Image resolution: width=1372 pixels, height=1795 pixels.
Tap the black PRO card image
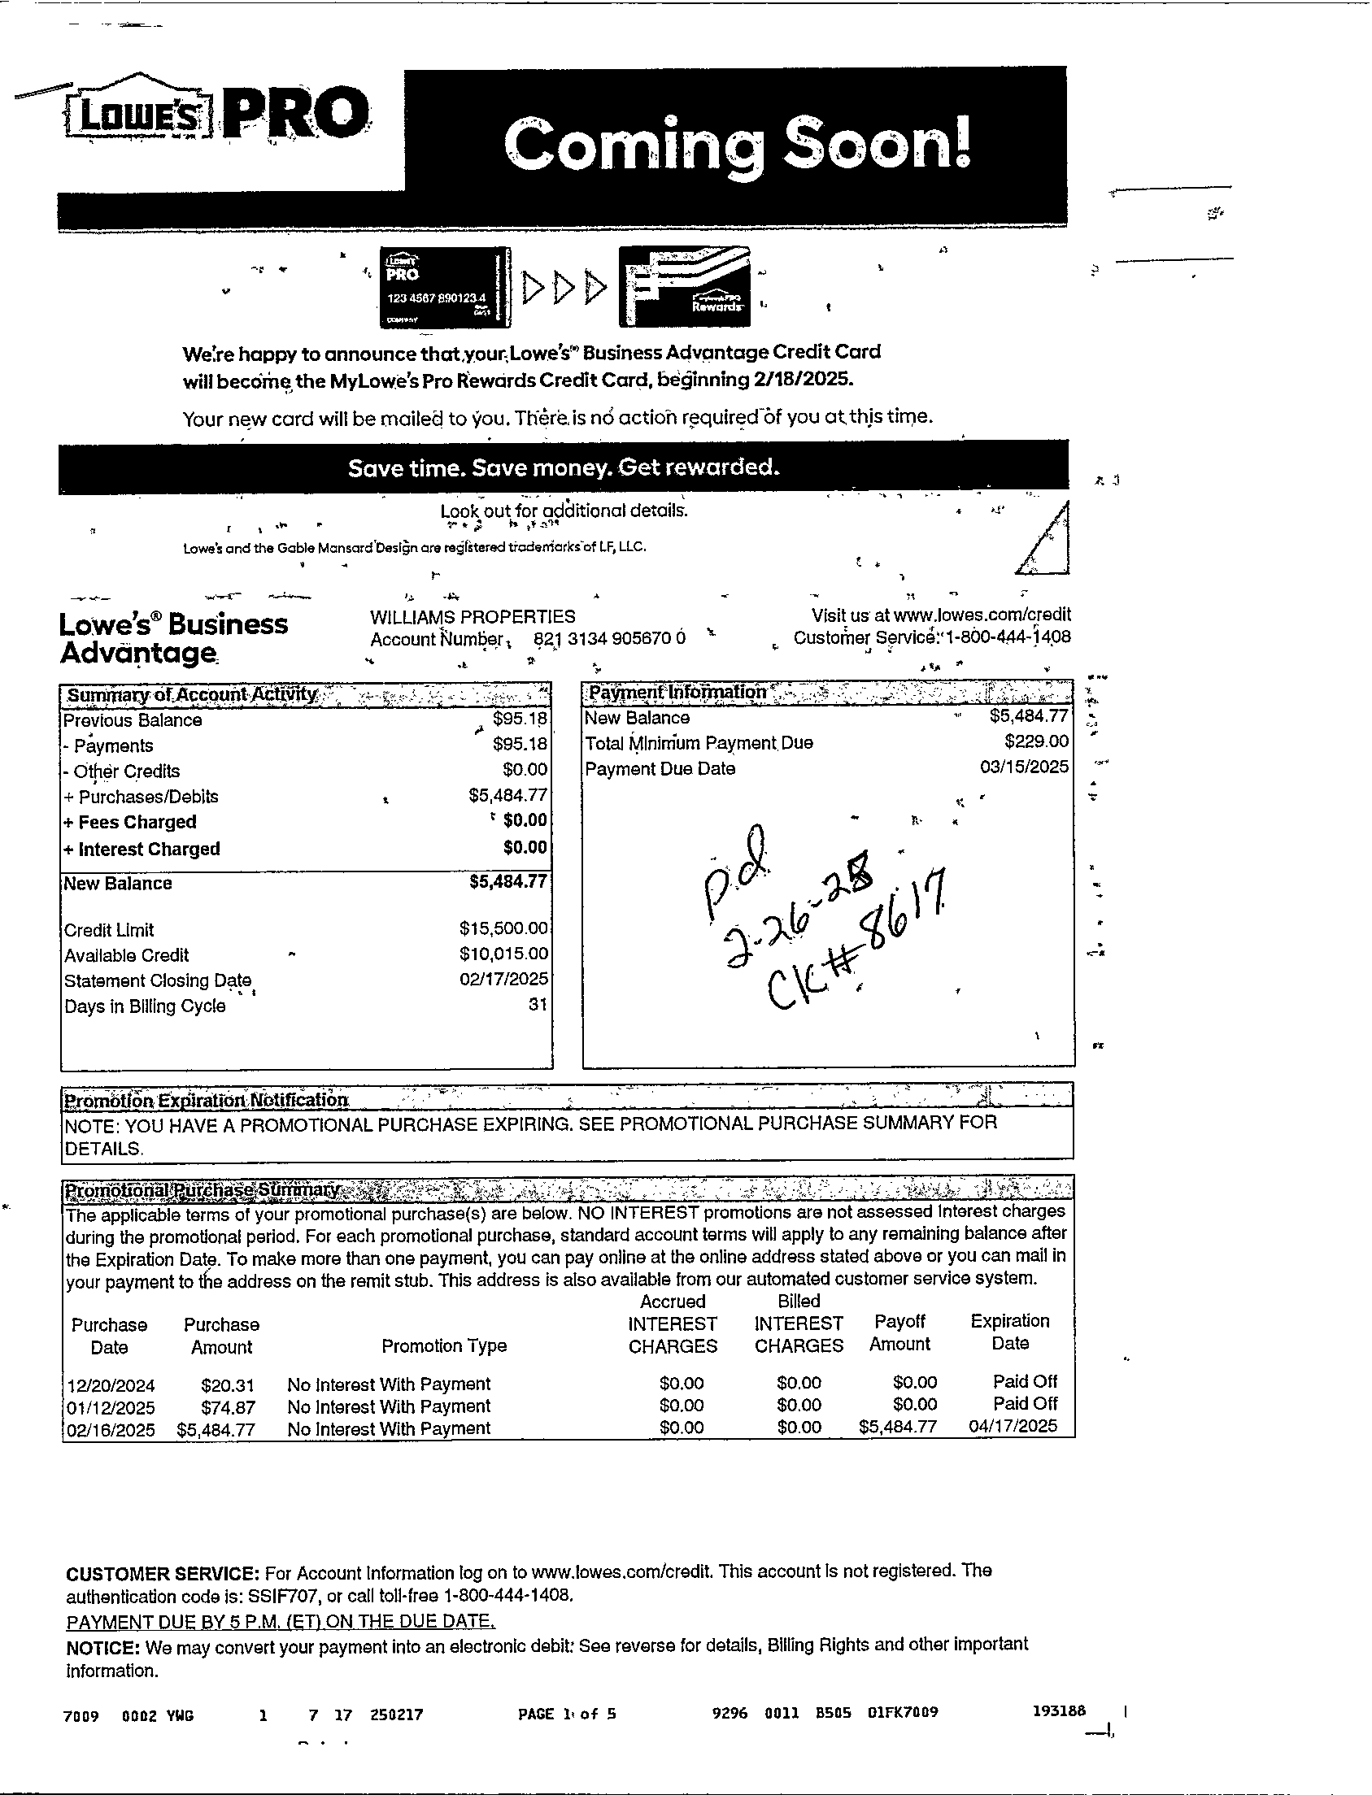pos(445,286)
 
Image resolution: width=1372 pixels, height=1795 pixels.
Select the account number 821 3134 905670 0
pos(609,639)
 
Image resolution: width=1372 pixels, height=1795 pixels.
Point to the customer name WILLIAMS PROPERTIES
pos(472,617)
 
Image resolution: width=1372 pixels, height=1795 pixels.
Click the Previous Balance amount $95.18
pos(520,719)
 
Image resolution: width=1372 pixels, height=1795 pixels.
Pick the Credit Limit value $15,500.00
pos(503,928)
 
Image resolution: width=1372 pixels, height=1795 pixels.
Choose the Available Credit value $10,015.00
pos(503,954)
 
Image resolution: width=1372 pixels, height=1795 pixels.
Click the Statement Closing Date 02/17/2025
pos(503,979)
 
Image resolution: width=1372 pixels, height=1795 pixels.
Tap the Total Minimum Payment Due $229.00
pos(1035,741)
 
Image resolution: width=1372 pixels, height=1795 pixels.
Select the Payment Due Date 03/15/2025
pos(1024,767)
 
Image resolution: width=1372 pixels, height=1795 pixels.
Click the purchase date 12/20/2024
pos(111,1385)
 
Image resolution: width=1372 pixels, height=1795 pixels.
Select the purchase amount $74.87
pos(228,1407)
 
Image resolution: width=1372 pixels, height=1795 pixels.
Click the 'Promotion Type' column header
pos(443,1346)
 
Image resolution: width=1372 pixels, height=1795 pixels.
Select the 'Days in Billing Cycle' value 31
pos(537,1005)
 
